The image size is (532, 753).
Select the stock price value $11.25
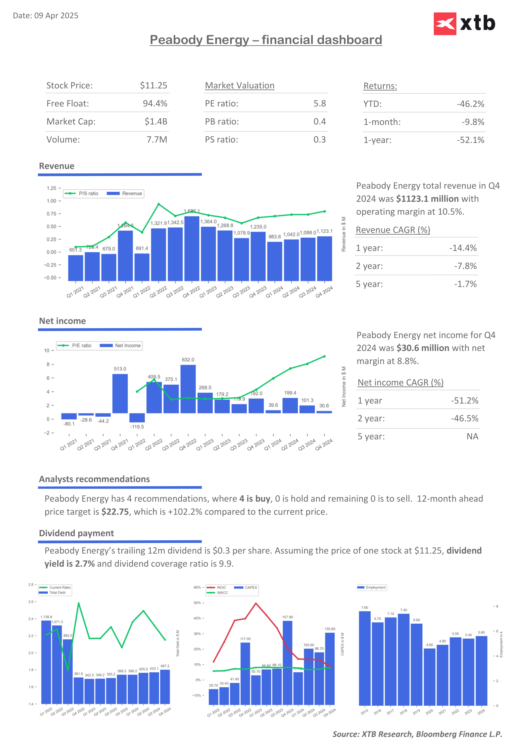pos(153,86)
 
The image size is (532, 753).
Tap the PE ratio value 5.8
pos(320,104)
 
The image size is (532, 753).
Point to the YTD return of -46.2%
pos(470,104)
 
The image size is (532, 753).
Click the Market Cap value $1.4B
pos(156,122)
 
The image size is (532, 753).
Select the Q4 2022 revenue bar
pos(192,248)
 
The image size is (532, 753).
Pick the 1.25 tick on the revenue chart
pos(51,188)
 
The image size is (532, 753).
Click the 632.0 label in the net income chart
pos(188,360)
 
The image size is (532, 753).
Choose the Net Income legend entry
pos(121,346)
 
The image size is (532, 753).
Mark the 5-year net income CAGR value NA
pos(472,437)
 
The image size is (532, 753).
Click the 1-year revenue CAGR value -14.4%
pos(463,248)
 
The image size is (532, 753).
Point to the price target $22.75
pos(115,512)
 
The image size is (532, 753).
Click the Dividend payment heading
pos(76,533)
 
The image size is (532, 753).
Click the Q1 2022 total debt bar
pos(46,662)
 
